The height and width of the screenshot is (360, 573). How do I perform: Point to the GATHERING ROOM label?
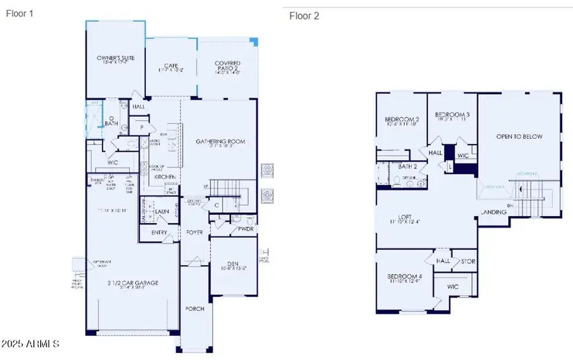pos(220,141)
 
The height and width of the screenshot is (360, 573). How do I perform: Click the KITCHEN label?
pos(165,176)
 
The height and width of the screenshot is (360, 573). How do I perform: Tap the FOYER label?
pos(195,233)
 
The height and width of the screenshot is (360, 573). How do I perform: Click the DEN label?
pos(232,263)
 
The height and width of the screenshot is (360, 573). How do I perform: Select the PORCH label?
pos(195,308)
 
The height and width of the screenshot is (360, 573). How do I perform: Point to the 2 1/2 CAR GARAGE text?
pos(132,283)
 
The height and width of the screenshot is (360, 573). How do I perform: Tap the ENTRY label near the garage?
pos(159,233)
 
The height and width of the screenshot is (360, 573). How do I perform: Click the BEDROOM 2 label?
pos(402,120)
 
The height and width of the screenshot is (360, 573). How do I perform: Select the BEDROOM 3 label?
pos(452,115)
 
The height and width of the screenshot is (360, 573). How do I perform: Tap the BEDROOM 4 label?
pos(404,277)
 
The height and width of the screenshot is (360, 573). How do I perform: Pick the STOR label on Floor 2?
pos(468,261)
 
